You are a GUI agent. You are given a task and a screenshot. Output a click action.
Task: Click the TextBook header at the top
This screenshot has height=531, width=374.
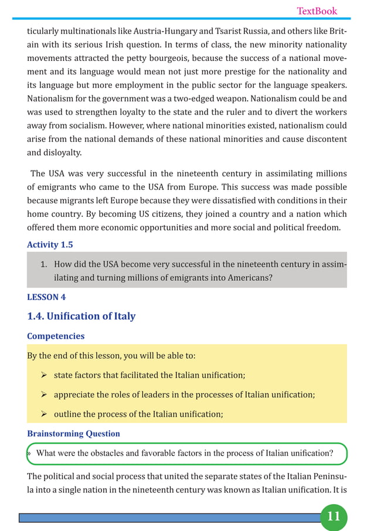tap(317, 11)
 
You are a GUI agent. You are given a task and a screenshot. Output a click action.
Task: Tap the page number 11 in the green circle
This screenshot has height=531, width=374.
tap(334, 516)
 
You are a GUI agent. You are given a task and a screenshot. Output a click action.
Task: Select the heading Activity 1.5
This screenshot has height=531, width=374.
tap(50, 244)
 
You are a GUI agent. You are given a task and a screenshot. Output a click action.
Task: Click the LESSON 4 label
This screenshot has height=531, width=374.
tap(46, 297)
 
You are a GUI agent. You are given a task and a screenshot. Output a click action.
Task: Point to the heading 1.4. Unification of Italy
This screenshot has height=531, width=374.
tap(81, 316)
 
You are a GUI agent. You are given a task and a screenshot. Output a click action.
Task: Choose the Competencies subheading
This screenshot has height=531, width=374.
tap(56, 336)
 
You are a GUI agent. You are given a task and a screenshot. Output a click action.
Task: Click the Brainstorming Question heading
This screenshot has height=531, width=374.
tap(73, 434)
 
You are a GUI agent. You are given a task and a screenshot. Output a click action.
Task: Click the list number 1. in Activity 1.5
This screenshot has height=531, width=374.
tap(43, 263)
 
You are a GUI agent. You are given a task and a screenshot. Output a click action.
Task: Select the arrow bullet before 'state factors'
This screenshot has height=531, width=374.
tap(44, 375)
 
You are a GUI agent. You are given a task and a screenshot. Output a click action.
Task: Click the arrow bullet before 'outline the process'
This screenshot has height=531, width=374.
tap(44, 414)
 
